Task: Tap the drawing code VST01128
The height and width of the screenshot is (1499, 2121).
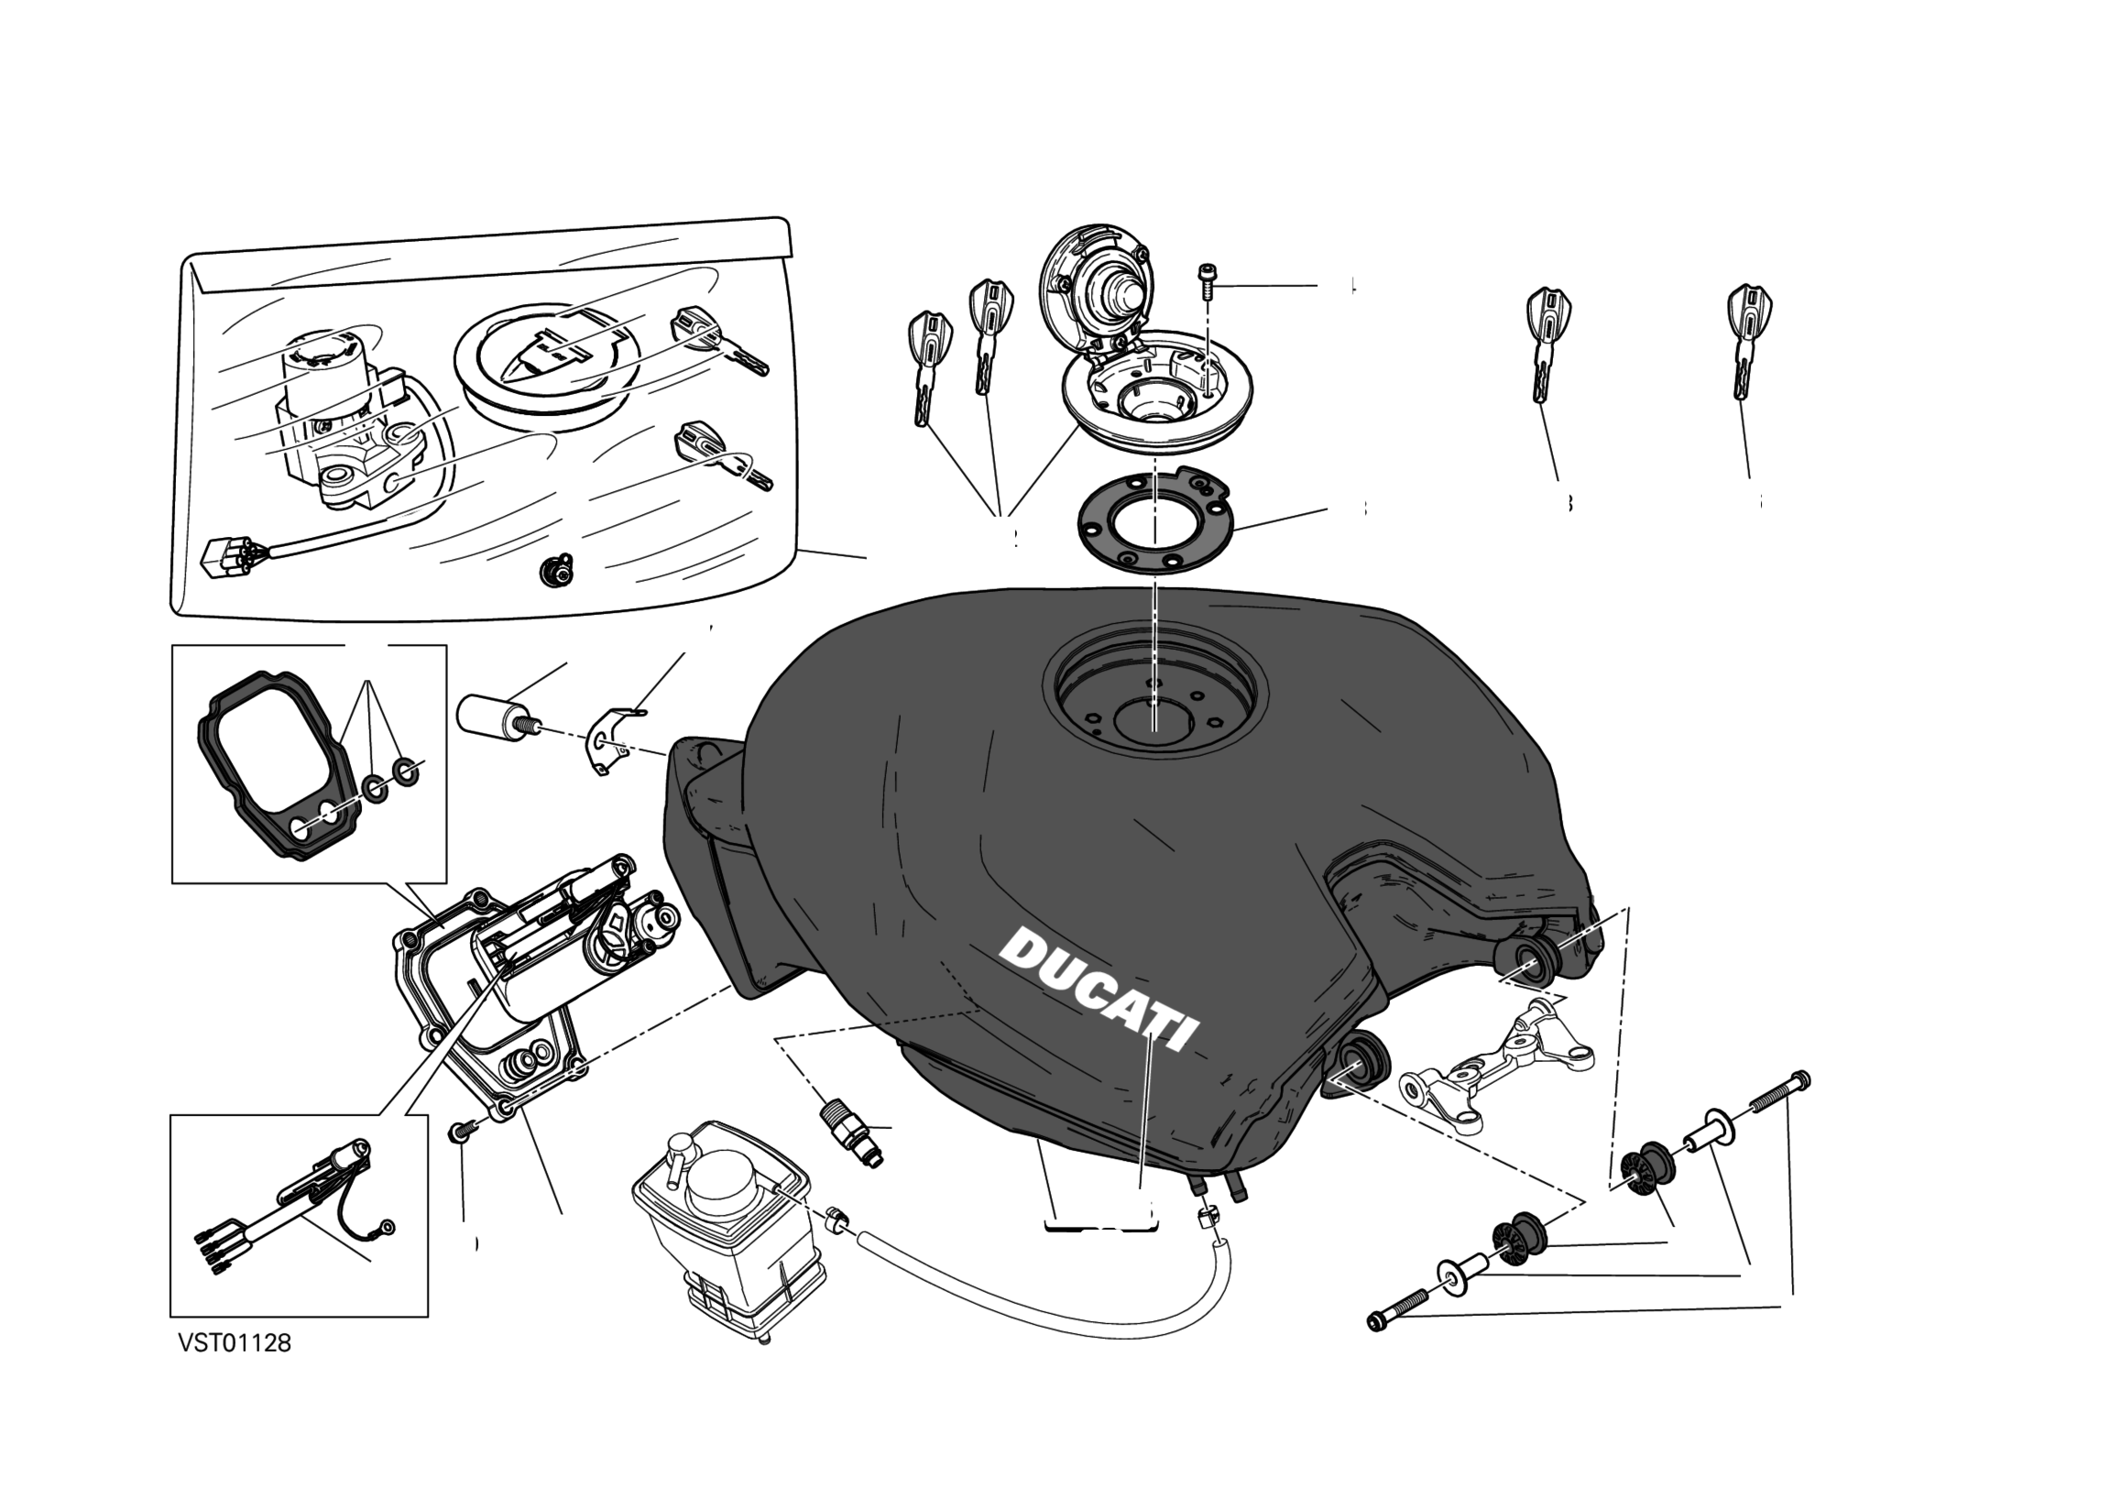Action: point(235,1343)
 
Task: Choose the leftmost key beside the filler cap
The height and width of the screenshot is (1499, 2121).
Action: point(927,366)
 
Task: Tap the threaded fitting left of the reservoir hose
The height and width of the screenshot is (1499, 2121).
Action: point(850,1132)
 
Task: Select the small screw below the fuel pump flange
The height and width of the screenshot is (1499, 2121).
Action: point(462,1131)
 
